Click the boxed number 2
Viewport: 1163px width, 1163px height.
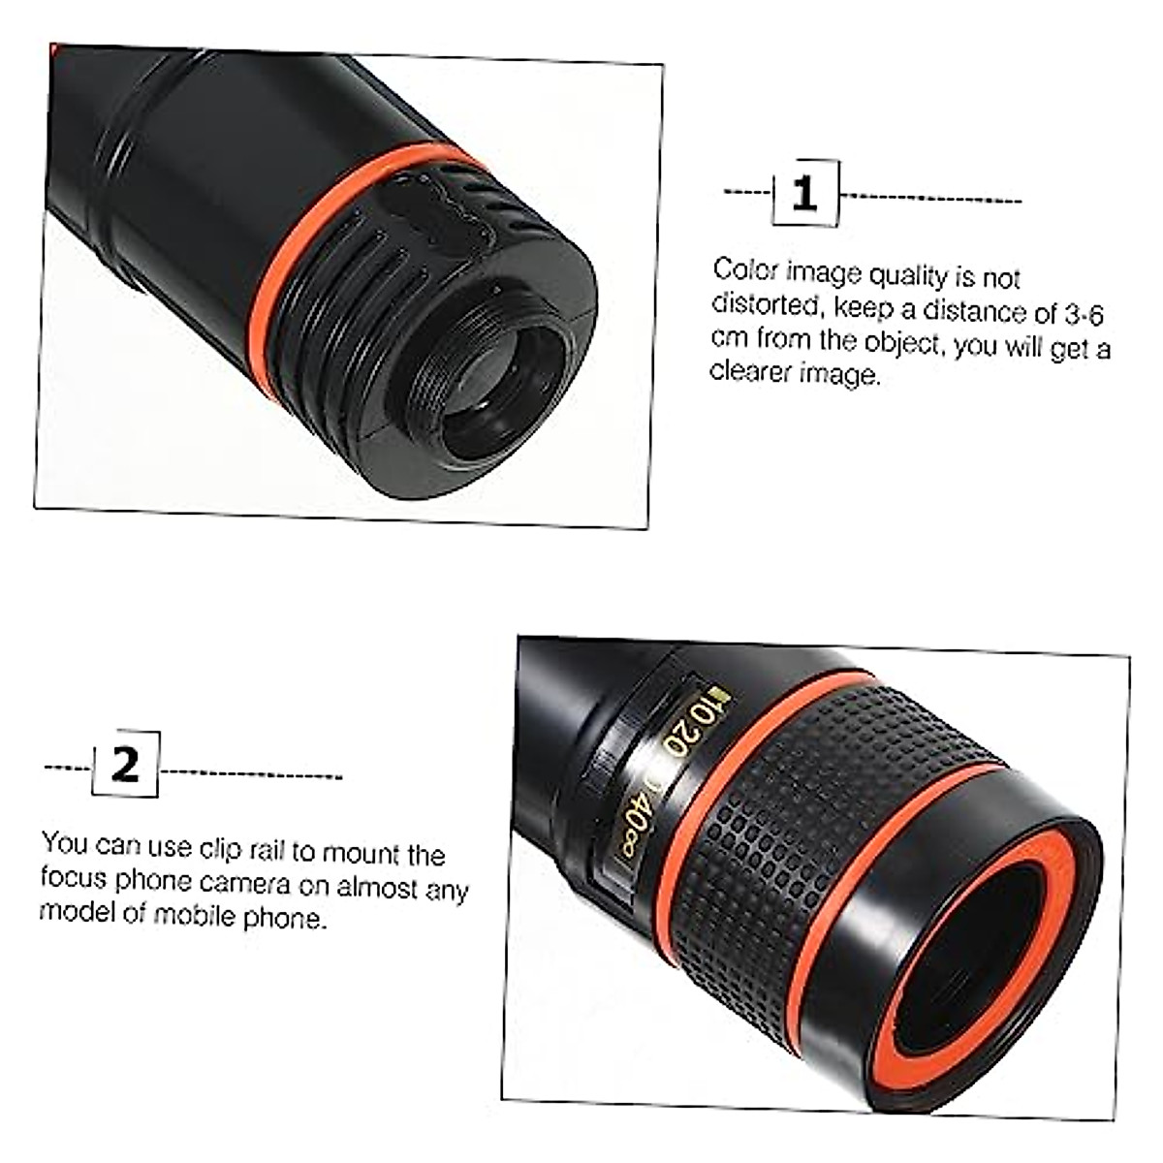click(x=126, y=765)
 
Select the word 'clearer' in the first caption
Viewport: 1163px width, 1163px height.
click(x=752, y=372)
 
